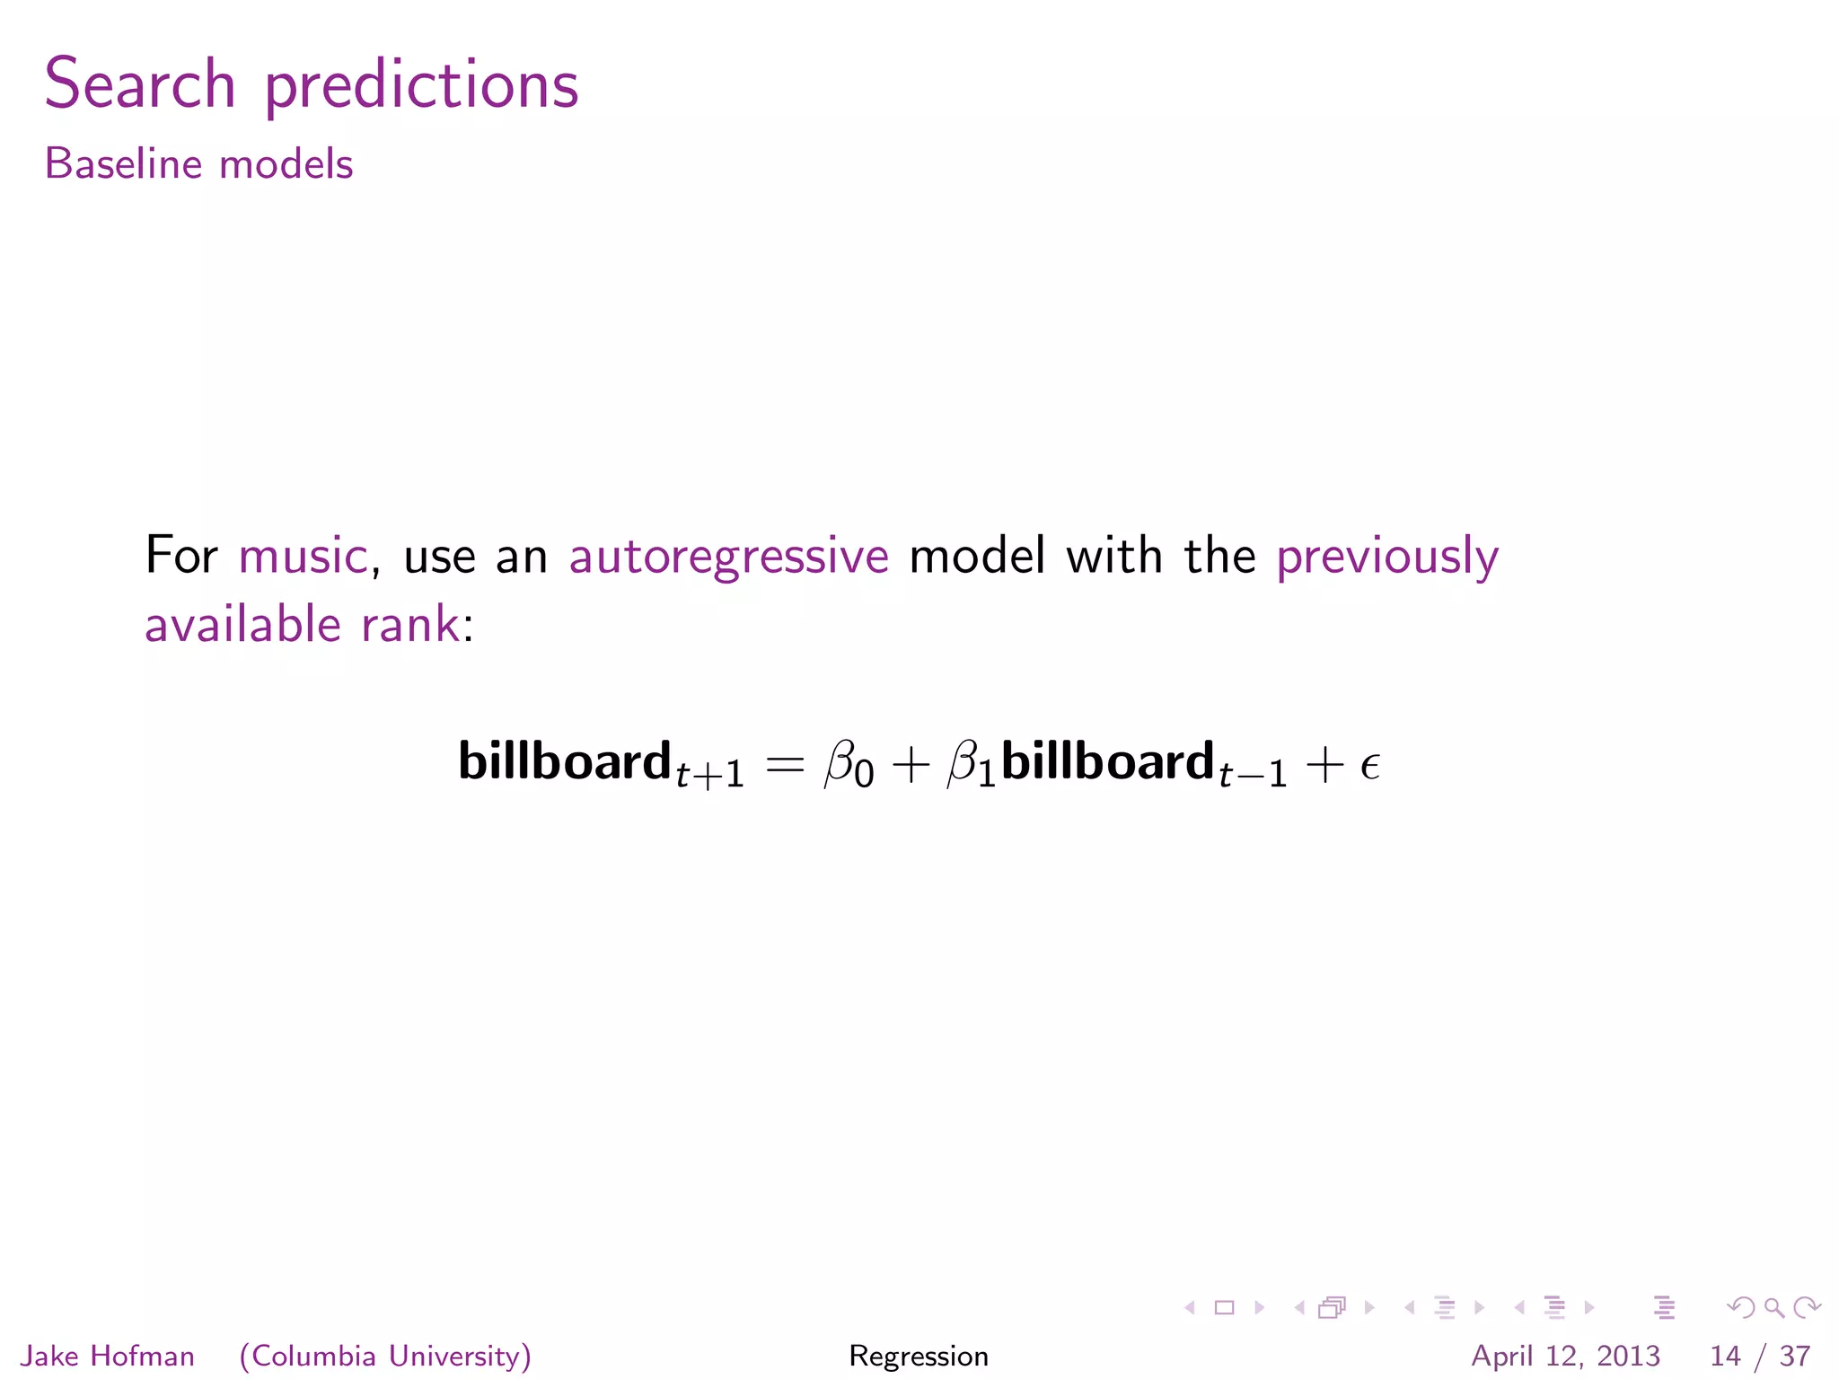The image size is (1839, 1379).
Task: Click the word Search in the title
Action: click(x=140, y=84)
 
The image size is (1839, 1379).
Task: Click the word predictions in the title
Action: click(x=421, y=87)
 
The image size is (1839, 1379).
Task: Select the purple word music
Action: click(x=303, y=556)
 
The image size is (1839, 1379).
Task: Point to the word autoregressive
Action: click(x=728, y=558)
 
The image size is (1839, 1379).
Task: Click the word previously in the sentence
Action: click(x=1387, y=558)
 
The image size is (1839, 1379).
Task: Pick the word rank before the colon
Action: click(x=410, y=625)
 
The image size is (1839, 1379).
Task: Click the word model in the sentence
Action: click(x=977, y=556)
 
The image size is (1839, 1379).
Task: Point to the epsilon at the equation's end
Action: click(x=1369, y=767)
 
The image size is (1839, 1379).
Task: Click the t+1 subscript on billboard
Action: click(x=710, y=775)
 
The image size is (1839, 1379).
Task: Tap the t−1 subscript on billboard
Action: click(x=1253, y=775)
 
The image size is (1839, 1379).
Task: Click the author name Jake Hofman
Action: click(x=107, y=1356)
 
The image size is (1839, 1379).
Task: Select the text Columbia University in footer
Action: click(x=385, y=1356)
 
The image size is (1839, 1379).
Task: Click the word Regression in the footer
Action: click(x=919, y=1356)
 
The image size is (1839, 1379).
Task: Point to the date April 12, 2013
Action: click(x=1565, y=1356)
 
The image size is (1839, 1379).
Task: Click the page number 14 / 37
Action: click(x=1759, y=1356)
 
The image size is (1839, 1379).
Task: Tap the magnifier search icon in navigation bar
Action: click(x=1773, y=1308)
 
